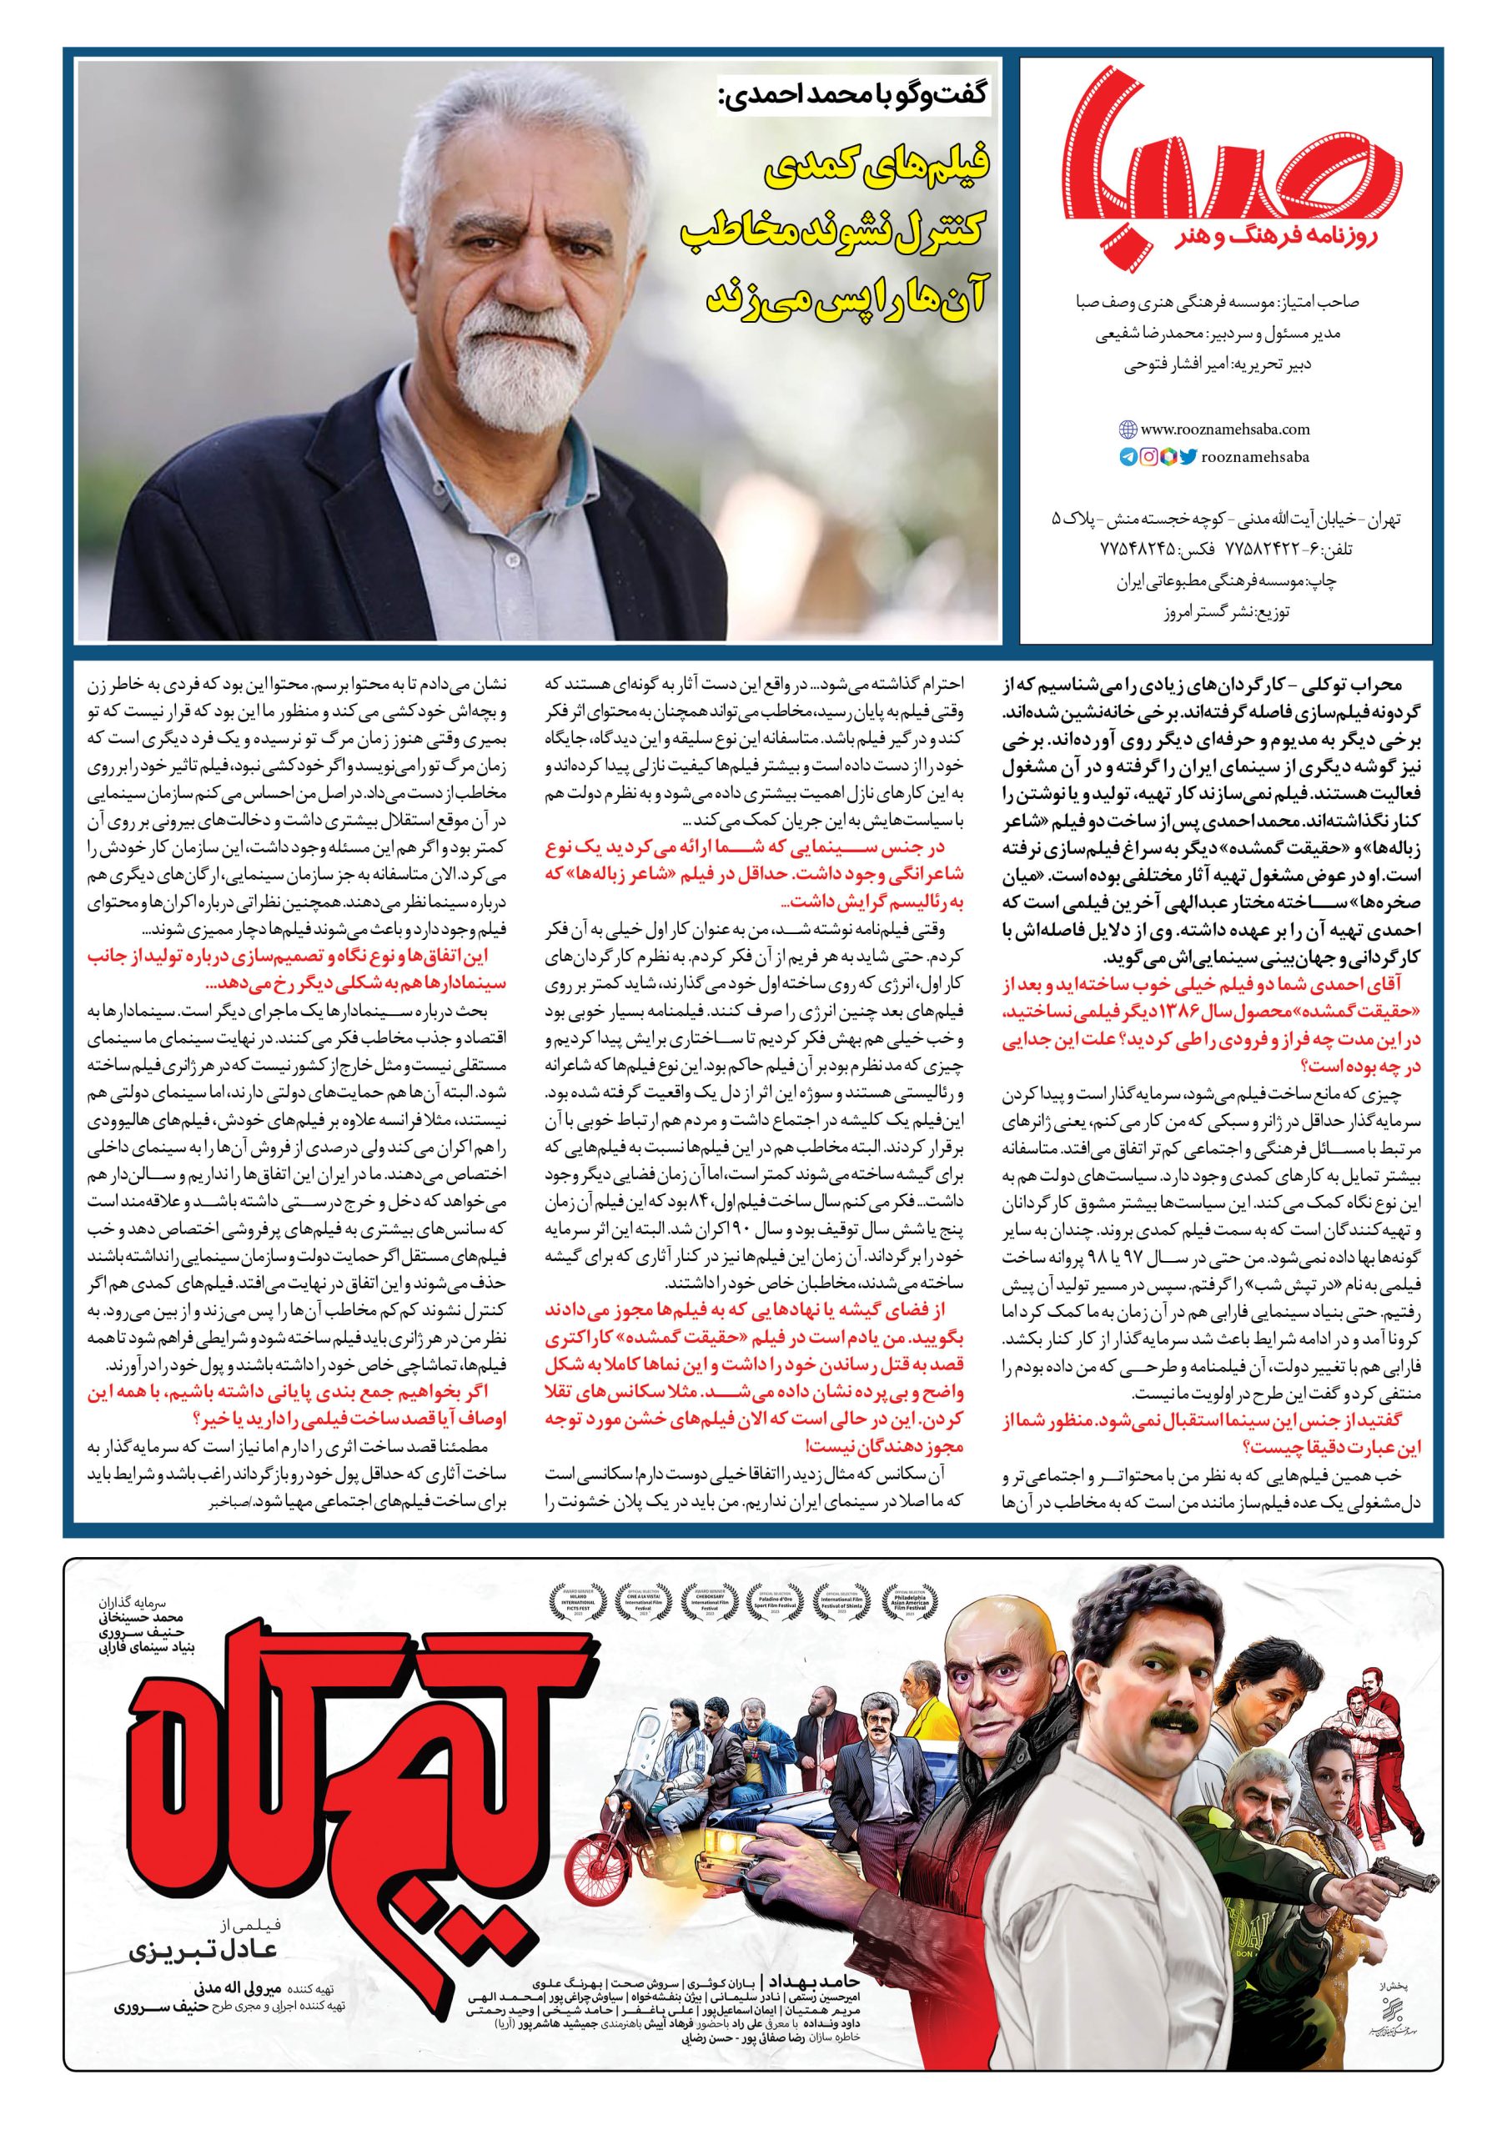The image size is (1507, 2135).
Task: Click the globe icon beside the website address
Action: pyautogui.click(x=1128, y=430)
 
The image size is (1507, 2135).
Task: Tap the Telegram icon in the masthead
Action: pyautogui.click(x=1128, y=456)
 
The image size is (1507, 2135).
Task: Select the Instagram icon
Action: pyautogui.click(x=1148, y=456)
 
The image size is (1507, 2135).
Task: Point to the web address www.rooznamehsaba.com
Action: pyautogui.click(x=1212, y=430)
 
